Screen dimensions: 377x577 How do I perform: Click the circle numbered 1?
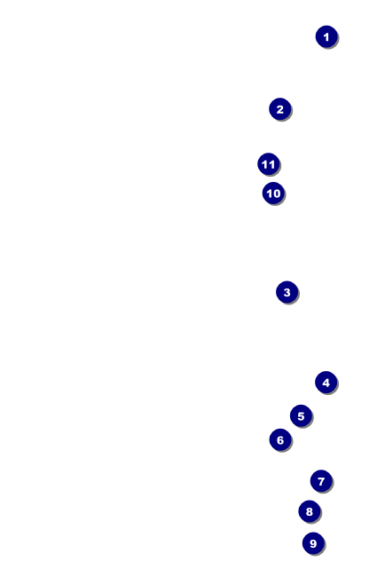click(x=326, y=36)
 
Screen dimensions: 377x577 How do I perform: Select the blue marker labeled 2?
click(x=280, y=109)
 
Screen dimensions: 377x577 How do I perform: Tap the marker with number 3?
click(x=287, y=293)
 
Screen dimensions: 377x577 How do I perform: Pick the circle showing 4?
click(x=326, y=383)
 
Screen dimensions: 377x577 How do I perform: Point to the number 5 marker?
click(x=301, y=416)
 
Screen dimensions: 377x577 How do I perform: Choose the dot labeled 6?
click(x=280, y=439)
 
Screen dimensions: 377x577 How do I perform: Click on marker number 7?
click(x=321, y=481)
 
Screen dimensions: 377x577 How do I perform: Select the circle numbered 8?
click(x=310, y=511)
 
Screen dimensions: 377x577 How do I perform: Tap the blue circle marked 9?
click(x=313, y=543)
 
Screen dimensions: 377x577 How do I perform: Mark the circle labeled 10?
click(x=273, y=194)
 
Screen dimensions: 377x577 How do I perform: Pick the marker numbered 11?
click(x=269, y=164)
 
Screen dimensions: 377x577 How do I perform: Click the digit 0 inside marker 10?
click(x=277, y=194)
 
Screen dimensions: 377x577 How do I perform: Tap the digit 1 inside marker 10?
click(x=270, y=194)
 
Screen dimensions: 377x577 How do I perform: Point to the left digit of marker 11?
click(x=265, y=164)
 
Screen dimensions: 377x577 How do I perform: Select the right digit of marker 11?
click(x=271, y=164)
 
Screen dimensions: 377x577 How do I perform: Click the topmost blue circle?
click(x=326, y=36)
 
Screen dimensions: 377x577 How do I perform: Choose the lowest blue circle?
click(x=313, y=543)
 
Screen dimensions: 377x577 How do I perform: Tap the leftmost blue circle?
click(x=269, y=164)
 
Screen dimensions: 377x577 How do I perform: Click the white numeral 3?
click(x=287, y=293)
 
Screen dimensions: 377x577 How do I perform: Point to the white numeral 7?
click(x=321, y=481)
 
